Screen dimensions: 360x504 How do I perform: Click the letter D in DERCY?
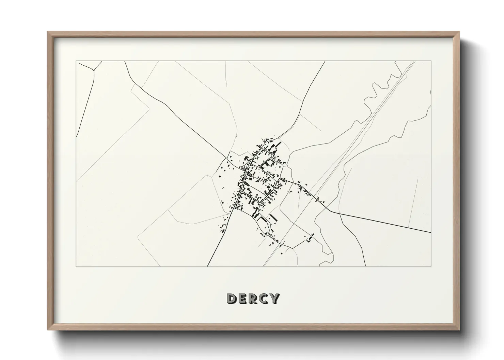(232, 299)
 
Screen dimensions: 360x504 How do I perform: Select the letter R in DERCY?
(253, 299)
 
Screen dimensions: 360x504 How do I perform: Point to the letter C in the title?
(264, 299)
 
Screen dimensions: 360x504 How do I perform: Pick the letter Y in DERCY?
(274, 299)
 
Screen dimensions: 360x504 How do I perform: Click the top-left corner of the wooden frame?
(48, 32)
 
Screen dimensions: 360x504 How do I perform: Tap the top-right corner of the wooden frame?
(459, 32)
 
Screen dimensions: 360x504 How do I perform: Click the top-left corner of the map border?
(76, 61)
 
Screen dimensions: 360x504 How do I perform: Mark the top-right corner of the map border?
(431, 61)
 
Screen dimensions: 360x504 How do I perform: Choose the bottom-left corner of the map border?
(76, 266)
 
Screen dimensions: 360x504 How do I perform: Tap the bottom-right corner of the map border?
(431, 266)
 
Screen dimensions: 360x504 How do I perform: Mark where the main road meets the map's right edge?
(430, 233)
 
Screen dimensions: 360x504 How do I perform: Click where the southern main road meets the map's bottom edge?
(207, 266)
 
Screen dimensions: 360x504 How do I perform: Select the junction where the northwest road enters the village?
(227, 159)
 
